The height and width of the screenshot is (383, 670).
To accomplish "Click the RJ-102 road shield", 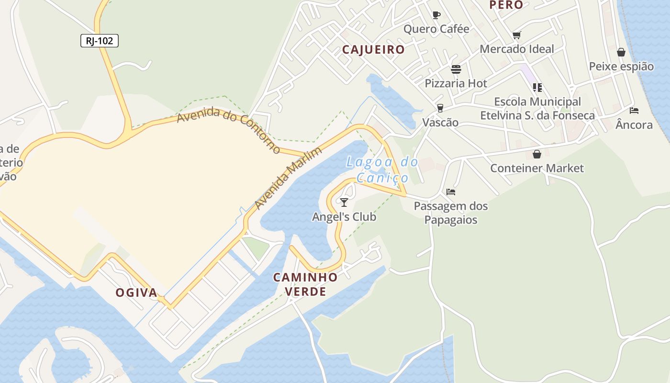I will pyautogui.click(x=99, y=41).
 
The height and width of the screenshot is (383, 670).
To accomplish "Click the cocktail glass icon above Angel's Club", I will pyautogui.click(x=344, y=202).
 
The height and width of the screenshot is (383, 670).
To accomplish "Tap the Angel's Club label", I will pyautogui.click(x=344, y=217).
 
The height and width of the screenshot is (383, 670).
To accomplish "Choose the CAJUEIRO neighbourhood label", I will pyautogui.click(x=373, y=49).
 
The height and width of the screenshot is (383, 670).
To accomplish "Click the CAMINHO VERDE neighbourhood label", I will pyautogui.click(x=305, y=284).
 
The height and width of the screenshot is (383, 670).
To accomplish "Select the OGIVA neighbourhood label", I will pyautogui.click(x=136, y=293).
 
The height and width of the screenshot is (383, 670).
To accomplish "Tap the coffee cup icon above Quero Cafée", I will pyautogui.click(x=436, y=15).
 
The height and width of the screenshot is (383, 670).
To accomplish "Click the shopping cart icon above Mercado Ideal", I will pyautogui.click(x=516, y=35).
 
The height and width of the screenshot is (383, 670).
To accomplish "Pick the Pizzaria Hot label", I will pyautogui.click(x=456, y=83).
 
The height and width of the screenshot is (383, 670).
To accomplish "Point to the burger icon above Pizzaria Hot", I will pyautogui.click(x=456, y=69).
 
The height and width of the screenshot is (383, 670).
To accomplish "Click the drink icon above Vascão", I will pyautogui.click(x=440, y=108).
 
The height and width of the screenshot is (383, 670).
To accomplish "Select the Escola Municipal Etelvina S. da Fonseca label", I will pyautogui.click(x=537, y=109).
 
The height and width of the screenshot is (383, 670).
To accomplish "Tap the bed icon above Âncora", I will pyautogui.click(x=634, y=111).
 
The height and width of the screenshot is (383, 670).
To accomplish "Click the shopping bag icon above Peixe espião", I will pyautogui.click(x=621, y=52).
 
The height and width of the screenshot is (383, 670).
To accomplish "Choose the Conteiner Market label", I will pyautogui.click(x=536, y=168).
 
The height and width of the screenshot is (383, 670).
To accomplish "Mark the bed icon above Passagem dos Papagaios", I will pyautogui.click(x=450, y=192).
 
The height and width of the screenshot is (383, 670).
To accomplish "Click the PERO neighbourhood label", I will pyautogui.click(x=506, y=5).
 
